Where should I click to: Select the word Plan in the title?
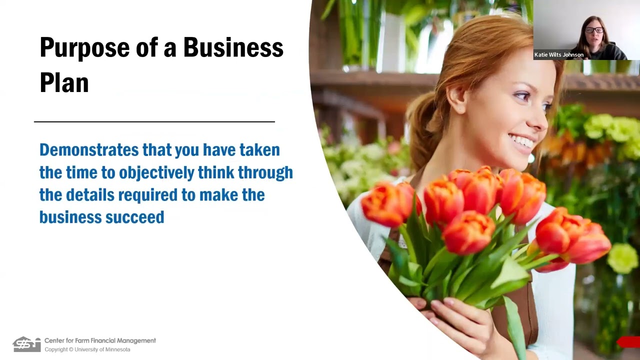64,83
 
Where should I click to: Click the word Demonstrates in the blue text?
88,149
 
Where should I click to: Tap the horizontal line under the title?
154,121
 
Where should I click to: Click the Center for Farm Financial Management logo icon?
26,344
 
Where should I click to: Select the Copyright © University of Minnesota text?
87,349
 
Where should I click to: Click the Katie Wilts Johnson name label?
559,55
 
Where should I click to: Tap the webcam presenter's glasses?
593,30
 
